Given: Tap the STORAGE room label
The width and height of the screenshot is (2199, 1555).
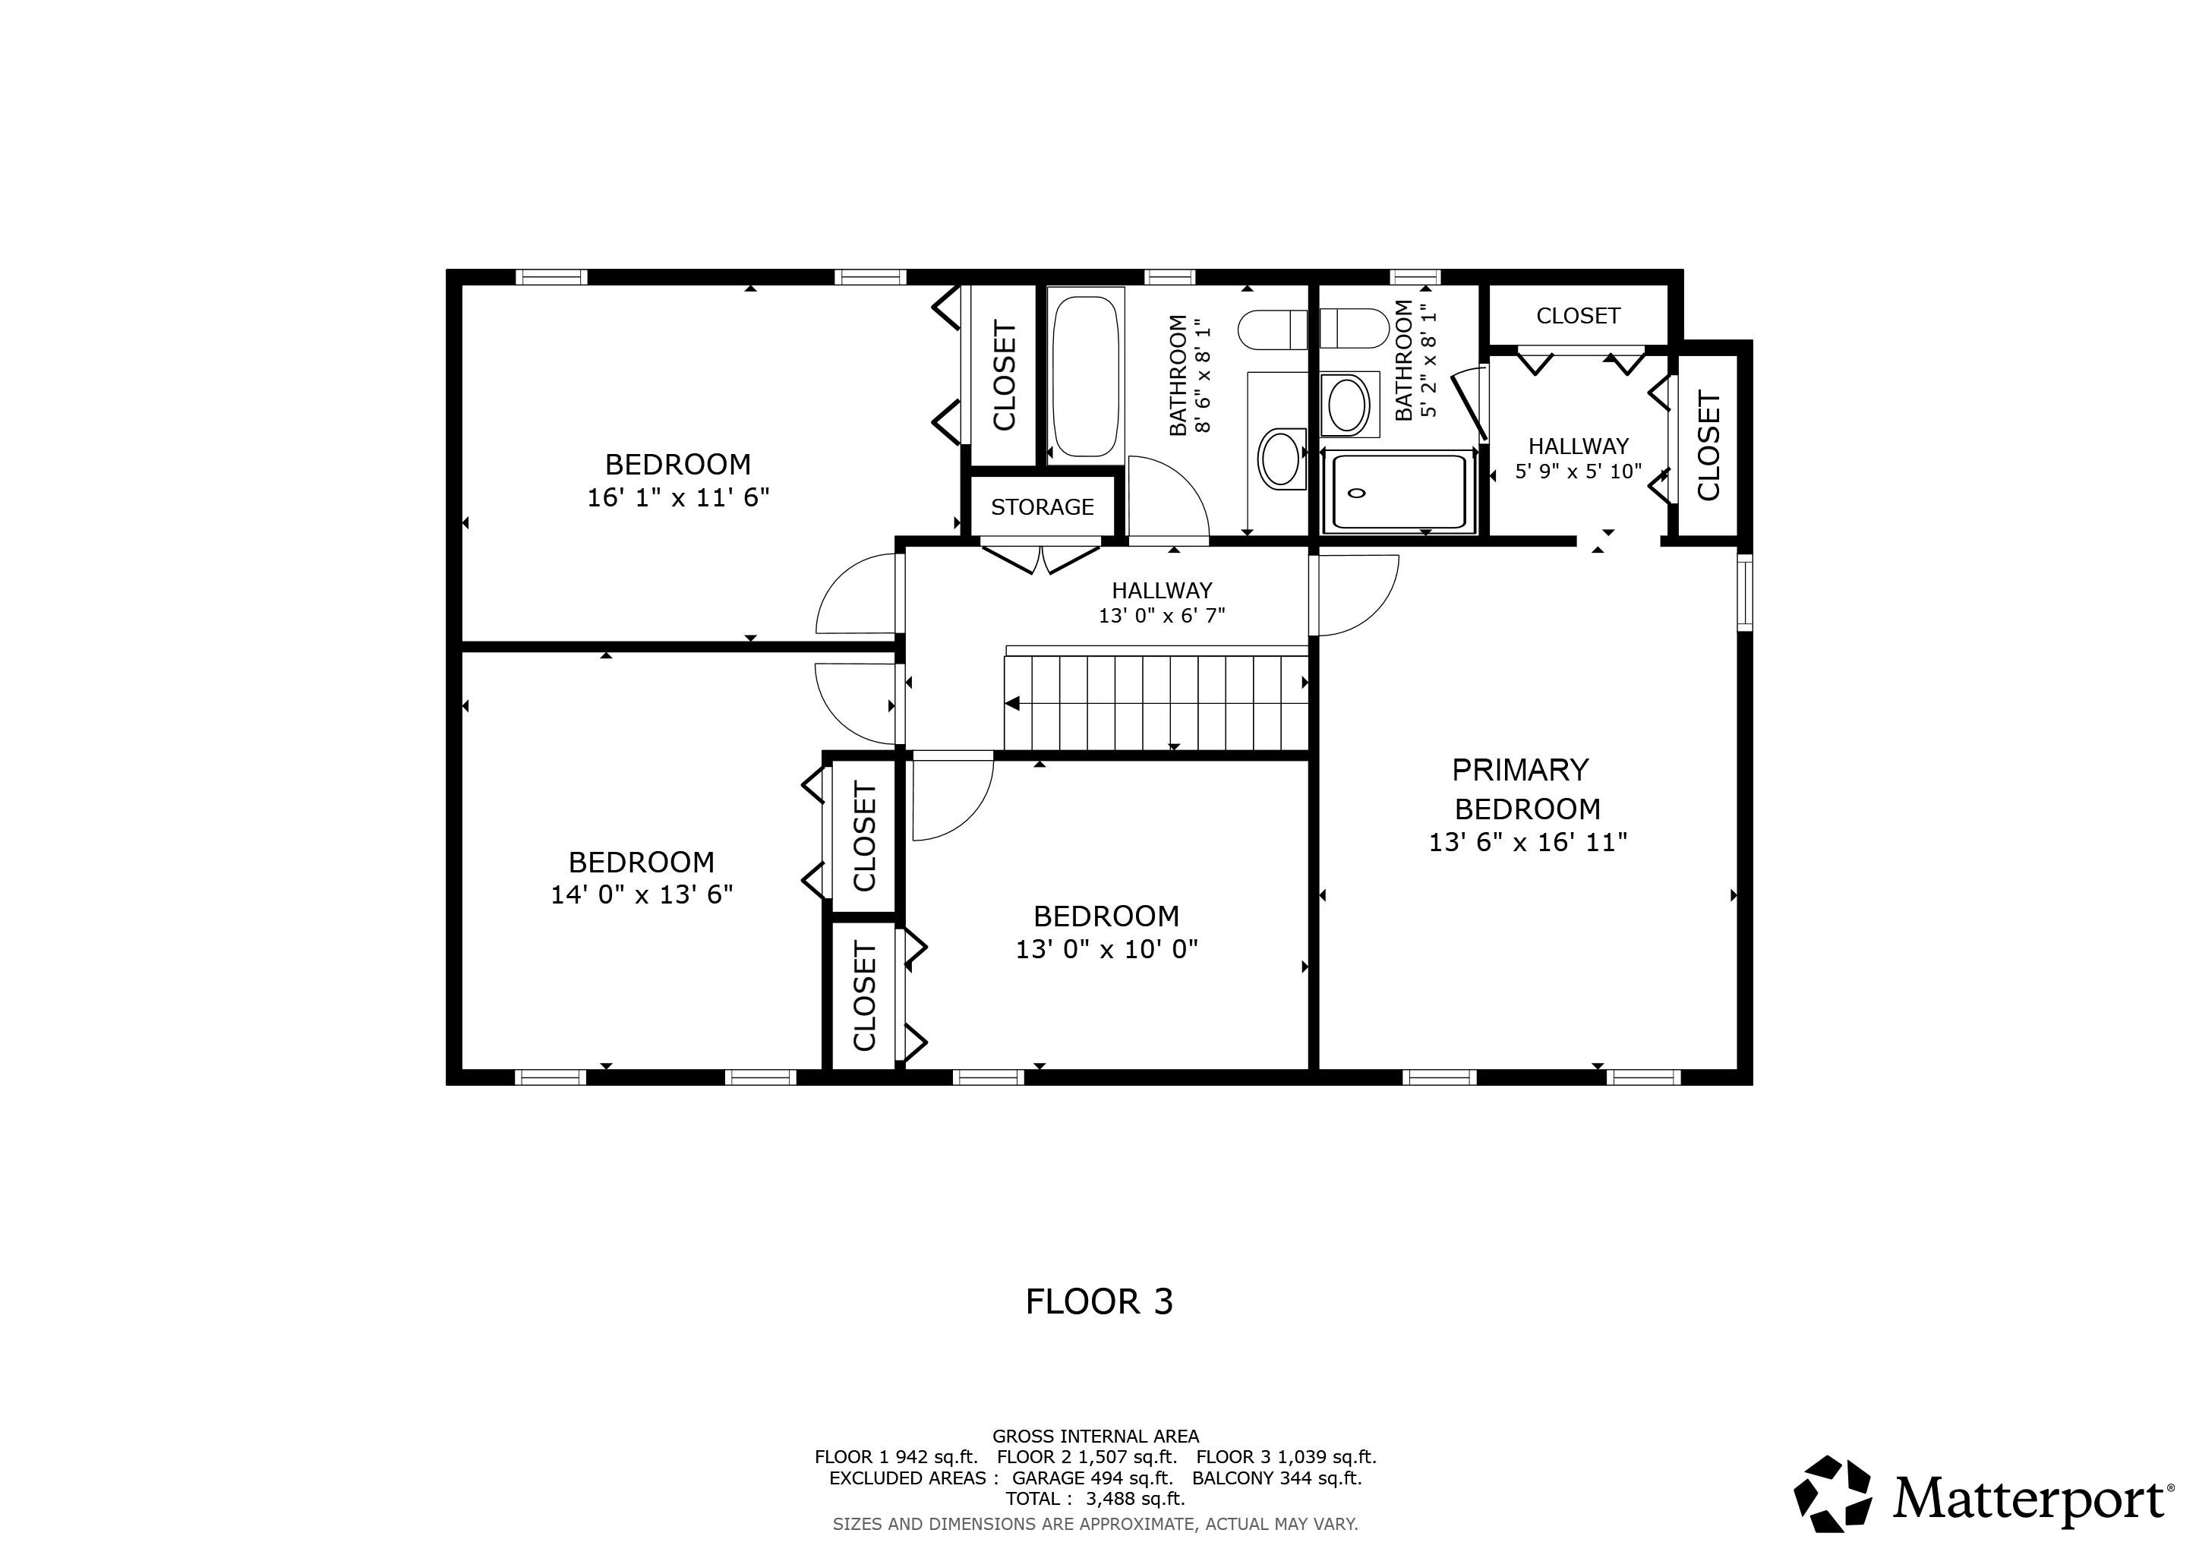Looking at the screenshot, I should click(1042, 506).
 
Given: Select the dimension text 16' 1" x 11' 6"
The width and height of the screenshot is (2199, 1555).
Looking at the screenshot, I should click(678, 498).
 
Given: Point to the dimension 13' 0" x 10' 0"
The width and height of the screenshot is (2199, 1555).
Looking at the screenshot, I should click(1106, 949).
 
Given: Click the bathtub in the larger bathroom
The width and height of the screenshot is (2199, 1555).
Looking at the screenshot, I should click(1085, 377).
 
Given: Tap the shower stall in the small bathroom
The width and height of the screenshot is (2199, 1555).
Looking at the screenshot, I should click(1399, 492).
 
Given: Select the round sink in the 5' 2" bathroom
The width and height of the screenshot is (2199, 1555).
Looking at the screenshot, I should click(1348, 405).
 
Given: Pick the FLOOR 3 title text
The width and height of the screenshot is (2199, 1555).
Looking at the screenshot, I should click(1099, 1301).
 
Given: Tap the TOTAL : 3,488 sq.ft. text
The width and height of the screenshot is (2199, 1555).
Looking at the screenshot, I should click(1095, 1499).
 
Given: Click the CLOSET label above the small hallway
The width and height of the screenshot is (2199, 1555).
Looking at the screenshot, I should click(1577, 316).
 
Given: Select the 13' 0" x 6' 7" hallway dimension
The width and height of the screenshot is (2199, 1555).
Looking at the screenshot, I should click(1162, 616).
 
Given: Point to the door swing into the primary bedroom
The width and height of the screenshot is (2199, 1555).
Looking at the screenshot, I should click(1355, 595).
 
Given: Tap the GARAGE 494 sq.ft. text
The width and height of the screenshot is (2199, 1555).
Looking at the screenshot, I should click(1092, 1478).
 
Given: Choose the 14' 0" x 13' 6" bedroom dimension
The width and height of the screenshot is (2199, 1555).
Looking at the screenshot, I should click(642, 894).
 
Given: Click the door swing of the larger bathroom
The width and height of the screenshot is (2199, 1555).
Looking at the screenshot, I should click(1166, 498).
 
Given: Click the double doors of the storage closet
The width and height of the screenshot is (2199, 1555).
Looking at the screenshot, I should click(1040, 558).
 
